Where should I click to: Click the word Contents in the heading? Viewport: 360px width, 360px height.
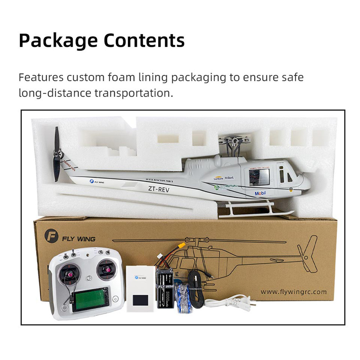click(144, 41)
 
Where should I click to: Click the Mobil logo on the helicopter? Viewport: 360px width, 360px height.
click(260, 193)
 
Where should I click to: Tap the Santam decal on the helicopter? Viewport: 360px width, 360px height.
click(218, 178)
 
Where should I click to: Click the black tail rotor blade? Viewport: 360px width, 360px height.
click(57, 155)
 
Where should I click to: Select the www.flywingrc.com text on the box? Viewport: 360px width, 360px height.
click(293, 292)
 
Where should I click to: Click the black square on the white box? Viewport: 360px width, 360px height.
click(141, 300)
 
